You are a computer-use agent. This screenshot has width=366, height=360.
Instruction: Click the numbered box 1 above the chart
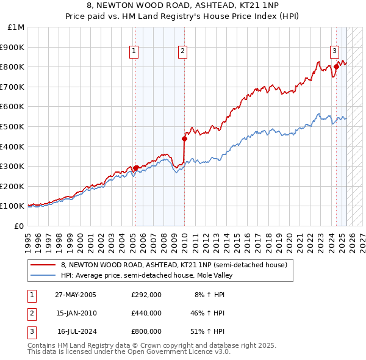click(134, 51)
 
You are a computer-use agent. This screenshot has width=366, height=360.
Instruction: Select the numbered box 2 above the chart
click(182, 51)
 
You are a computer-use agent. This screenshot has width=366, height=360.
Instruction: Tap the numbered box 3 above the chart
click(335, 51)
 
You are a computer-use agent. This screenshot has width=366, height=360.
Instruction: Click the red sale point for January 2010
click(184, 139)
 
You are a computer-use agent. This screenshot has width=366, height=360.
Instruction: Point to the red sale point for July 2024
click(336, 67)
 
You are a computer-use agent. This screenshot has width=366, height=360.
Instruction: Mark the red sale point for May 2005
click(136, 168)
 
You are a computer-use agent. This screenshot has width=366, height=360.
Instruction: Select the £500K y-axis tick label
click(13, 126)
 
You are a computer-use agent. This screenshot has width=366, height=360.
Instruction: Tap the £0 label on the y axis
click(19, 226)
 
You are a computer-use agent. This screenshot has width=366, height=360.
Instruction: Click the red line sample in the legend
click(43, 265)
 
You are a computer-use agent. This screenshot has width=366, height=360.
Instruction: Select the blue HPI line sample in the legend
click(43, 275)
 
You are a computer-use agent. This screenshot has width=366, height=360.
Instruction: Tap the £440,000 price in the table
click(146, 313)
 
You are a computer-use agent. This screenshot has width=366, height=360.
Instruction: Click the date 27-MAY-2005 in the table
click(76, 295)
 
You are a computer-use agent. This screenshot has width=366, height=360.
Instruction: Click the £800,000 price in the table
click(146, 331)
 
